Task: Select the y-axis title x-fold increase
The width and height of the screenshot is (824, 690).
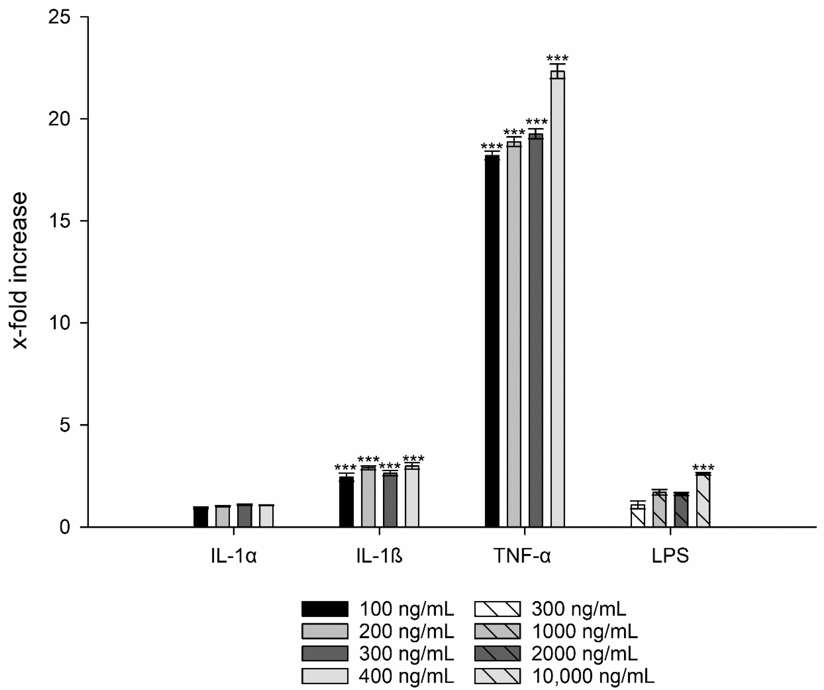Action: tap(20, 271)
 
